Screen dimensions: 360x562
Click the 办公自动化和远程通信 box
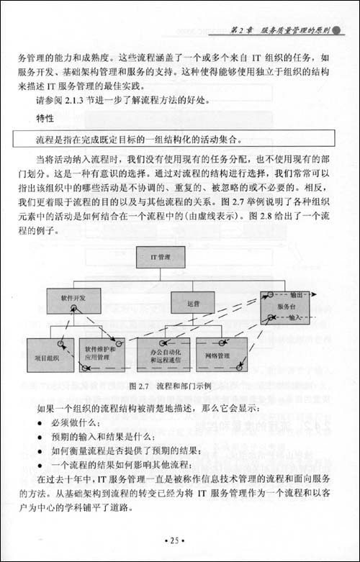pyautogui.click(x=164, y=355)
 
